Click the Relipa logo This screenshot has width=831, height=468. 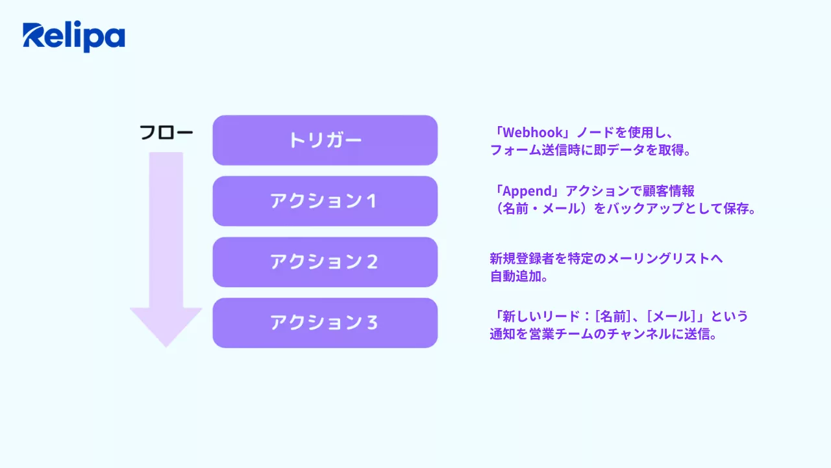pyautogui.click(x=73, y=37)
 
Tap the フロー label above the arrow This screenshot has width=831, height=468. pyautogui.click(x=166, y=133)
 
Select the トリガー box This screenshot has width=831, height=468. pyautogui.click(x=325, y=140)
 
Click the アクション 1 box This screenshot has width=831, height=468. pyautogui.click(x=325, y=201)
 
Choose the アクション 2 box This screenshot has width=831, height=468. pyautogui.click(x=325, y=262)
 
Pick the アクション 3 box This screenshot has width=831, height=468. pyautogui.click(x=325, y=322)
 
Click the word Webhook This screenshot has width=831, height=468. pyautogui.click(x=533, y=133)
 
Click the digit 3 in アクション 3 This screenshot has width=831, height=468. pyautogui.click(x=372, y=322)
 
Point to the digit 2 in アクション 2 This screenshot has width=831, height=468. pyautogui.click(x=372, y=262)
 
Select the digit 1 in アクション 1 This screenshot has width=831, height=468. pyautogui.click(x=372, y=201)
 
